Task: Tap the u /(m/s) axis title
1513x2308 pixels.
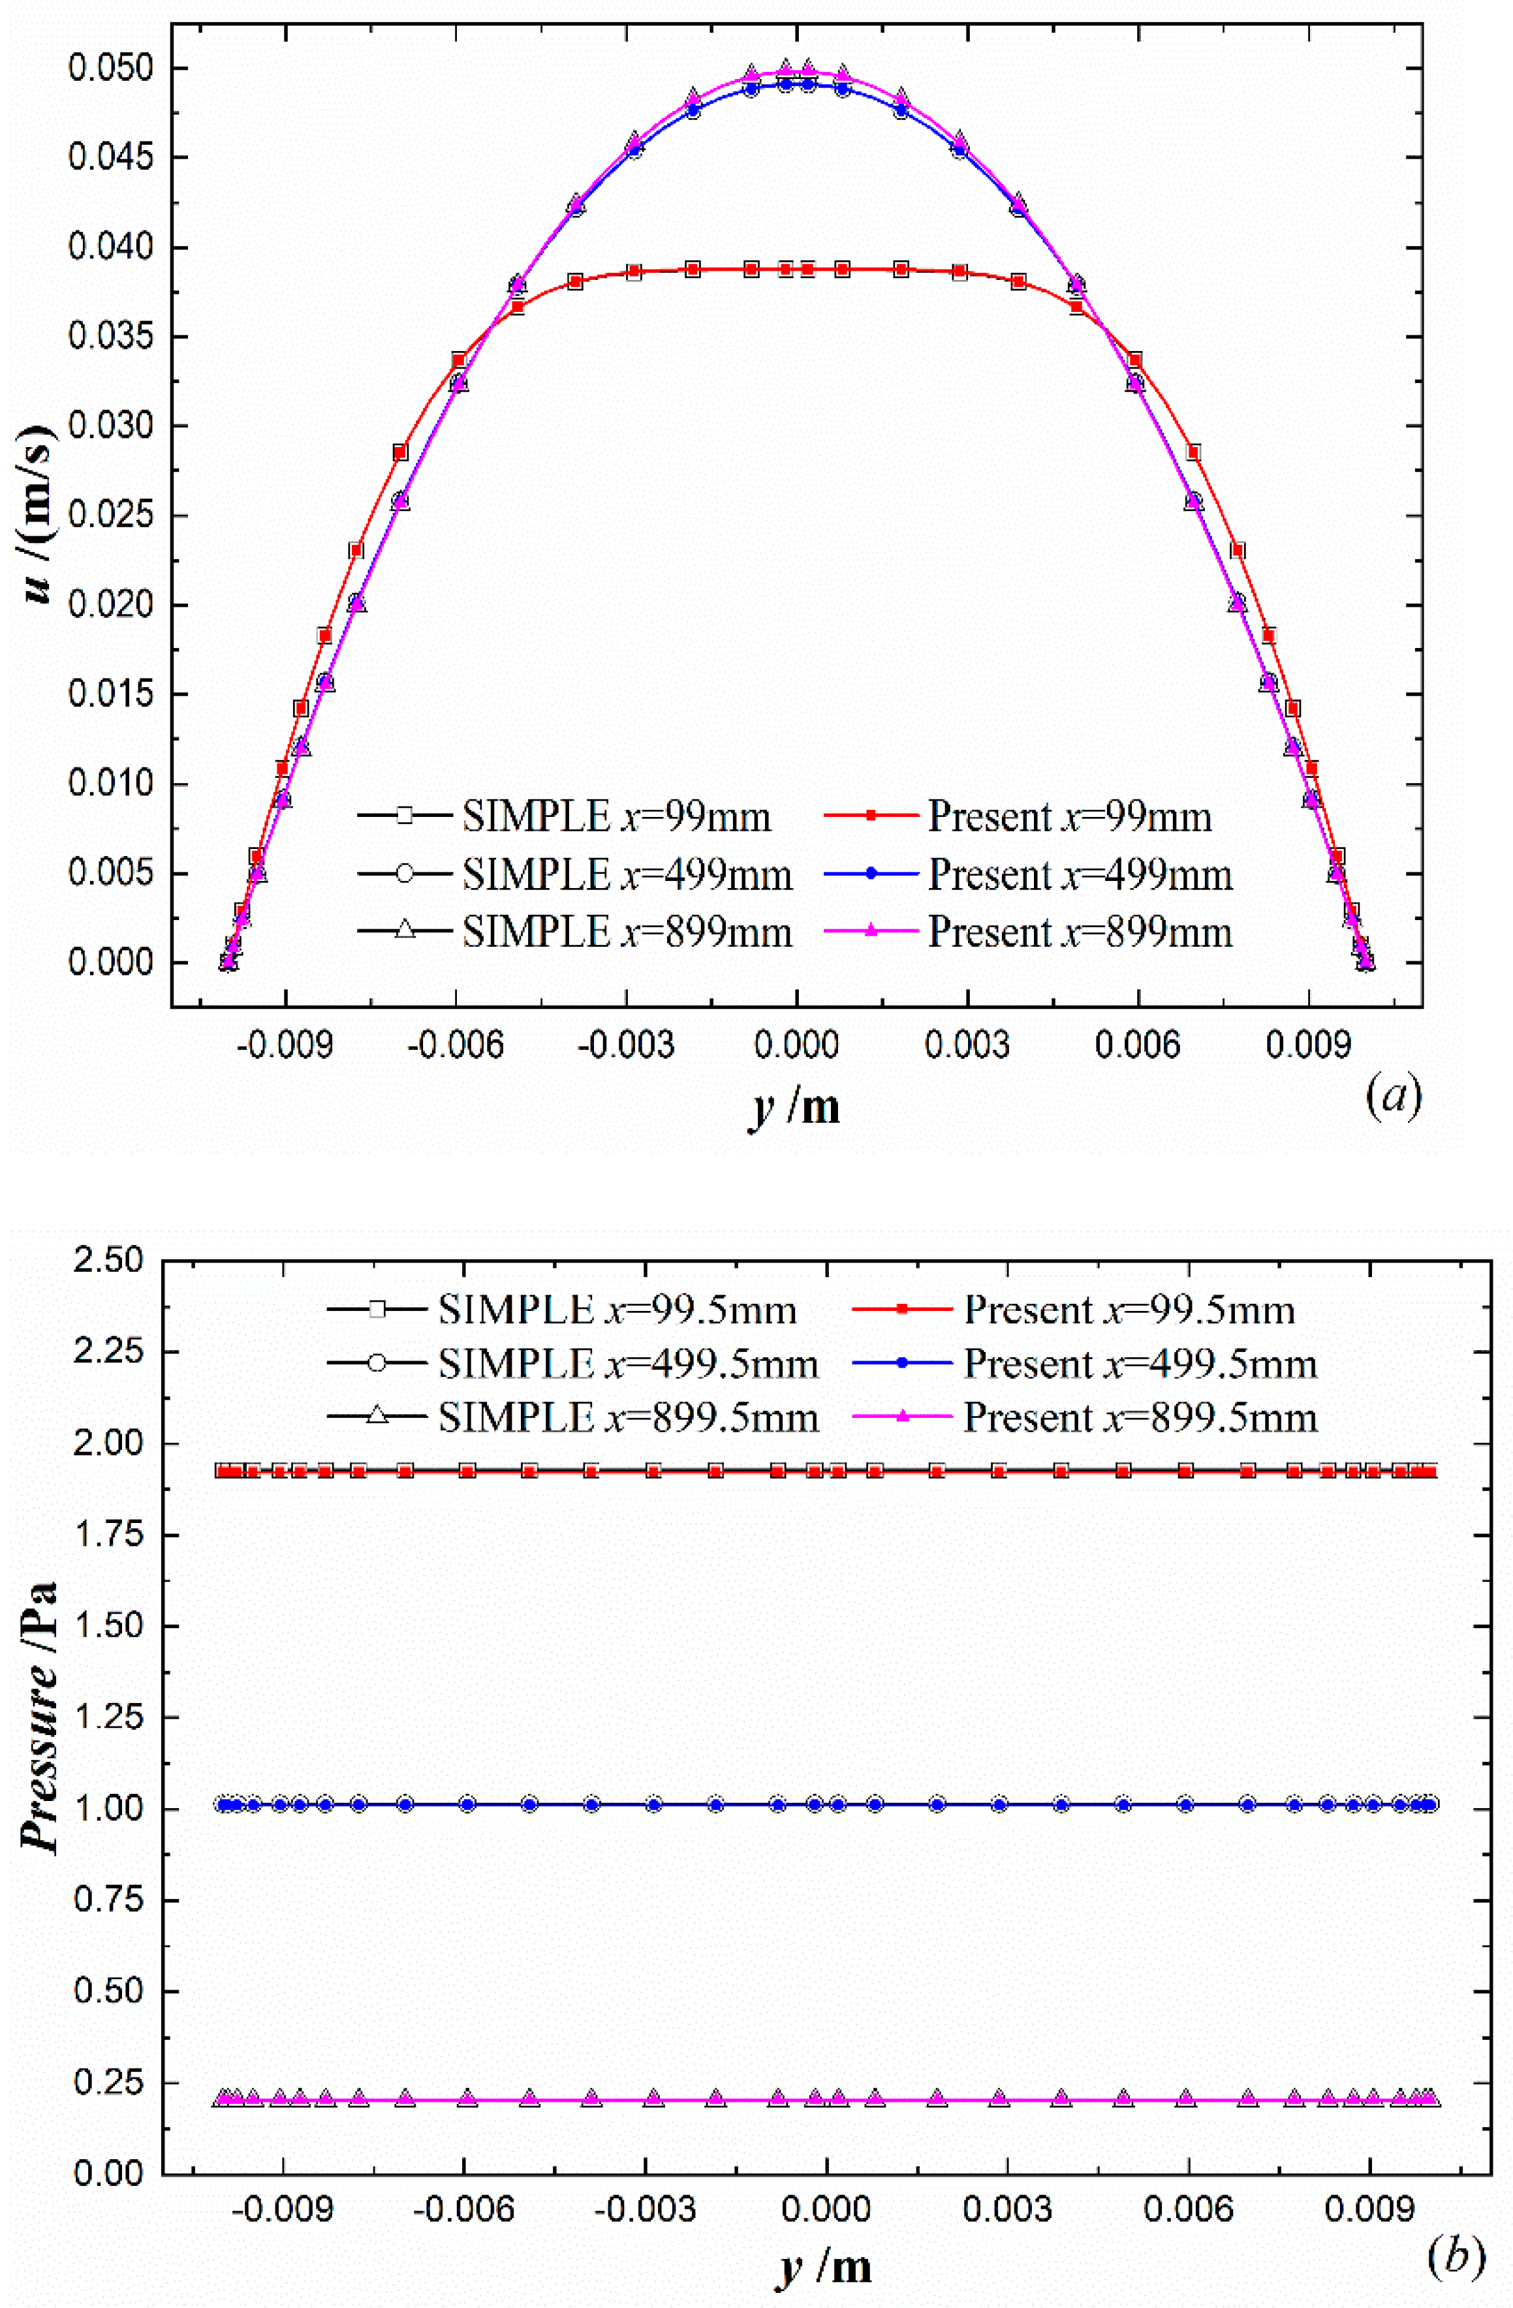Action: tap(39, 515)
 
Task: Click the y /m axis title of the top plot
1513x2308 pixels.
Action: tap(795, 1107)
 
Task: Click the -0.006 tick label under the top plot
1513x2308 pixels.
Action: tap(455, 1045)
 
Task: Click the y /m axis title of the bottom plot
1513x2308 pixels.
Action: tap(824, 2268)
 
